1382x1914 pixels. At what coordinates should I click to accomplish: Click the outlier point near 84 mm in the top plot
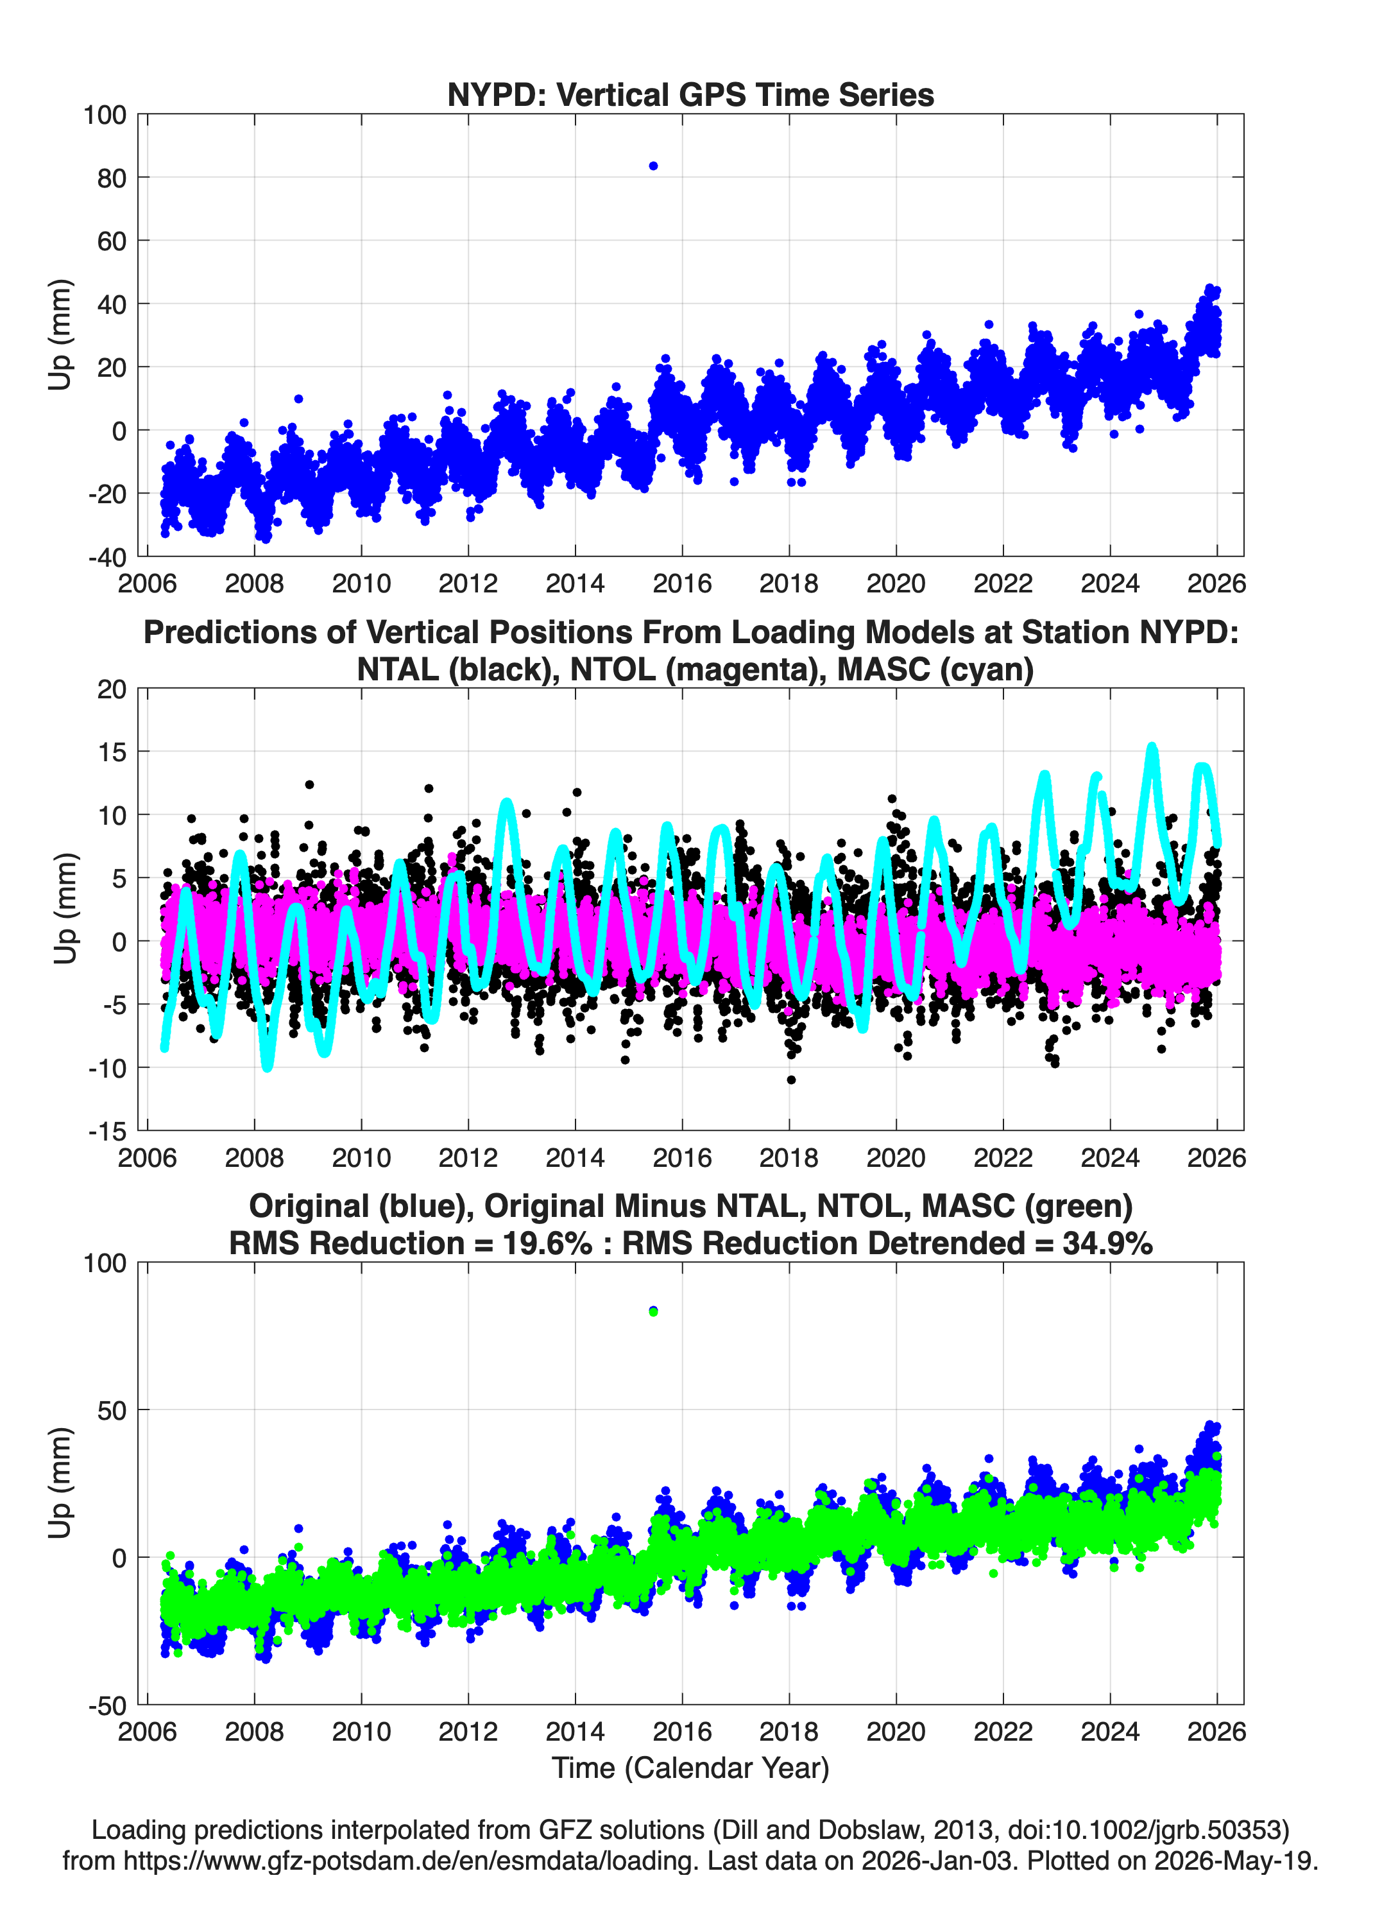(x=653, y=166)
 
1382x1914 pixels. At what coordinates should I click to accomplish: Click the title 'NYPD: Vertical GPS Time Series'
(x=690, y=94)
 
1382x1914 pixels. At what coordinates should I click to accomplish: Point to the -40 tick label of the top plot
(x=107, y=557)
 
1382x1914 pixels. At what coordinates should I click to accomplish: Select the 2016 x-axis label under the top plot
(x=682, y=583)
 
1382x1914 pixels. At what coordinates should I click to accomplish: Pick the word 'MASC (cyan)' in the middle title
(x=935, y=669)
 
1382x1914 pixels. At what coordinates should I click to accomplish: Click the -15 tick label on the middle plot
(x=107, y=1131)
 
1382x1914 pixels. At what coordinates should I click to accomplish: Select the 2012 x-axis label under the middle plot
(x=468, y=1157)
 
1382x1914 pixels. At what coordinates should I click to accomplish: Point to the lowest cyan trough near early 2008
(x=268, y=1066)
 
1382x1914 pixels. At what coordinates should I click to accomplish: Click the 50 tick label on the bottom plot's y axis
(x=112, y=1410)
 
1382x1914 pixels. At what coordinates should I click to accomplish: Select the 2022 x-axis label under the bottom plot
(x=1003, y=1731)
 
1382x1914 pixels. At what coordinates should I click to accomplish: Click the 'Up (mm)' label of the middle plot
(x=65, y=909)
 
